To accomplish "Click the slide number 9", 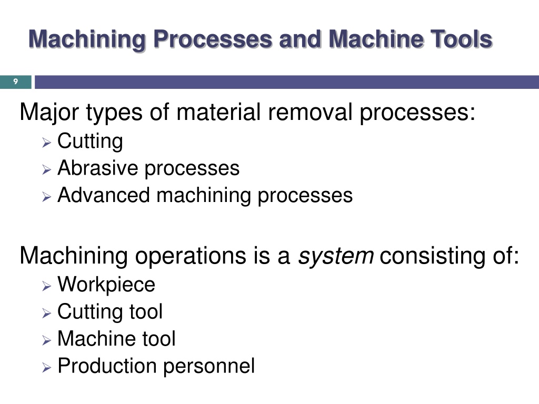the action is (x=15, y=82).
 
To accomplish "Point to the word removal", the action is (x=310, y=113).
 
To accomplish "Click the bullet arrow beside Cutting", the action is (x=46, y=143).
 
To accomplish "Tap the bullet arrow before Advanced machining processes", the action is (x=46, y=197).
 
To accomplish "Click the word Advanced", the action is (x=104, y=195).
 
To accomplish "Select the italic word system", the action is (x=336, y=256).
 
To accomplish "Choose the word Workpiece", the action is (x=106, y=285).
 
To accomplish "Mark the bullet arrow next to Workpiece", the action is (x=46, y=286).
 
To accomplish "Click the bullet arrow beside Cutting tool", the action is (x=46, y=313).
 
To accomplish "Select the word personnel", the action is (x=209, y=366).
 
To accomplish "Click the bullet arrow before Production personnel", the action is (x=46, y=368).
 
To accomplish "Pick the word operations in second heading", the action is (x=191, y=256).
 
